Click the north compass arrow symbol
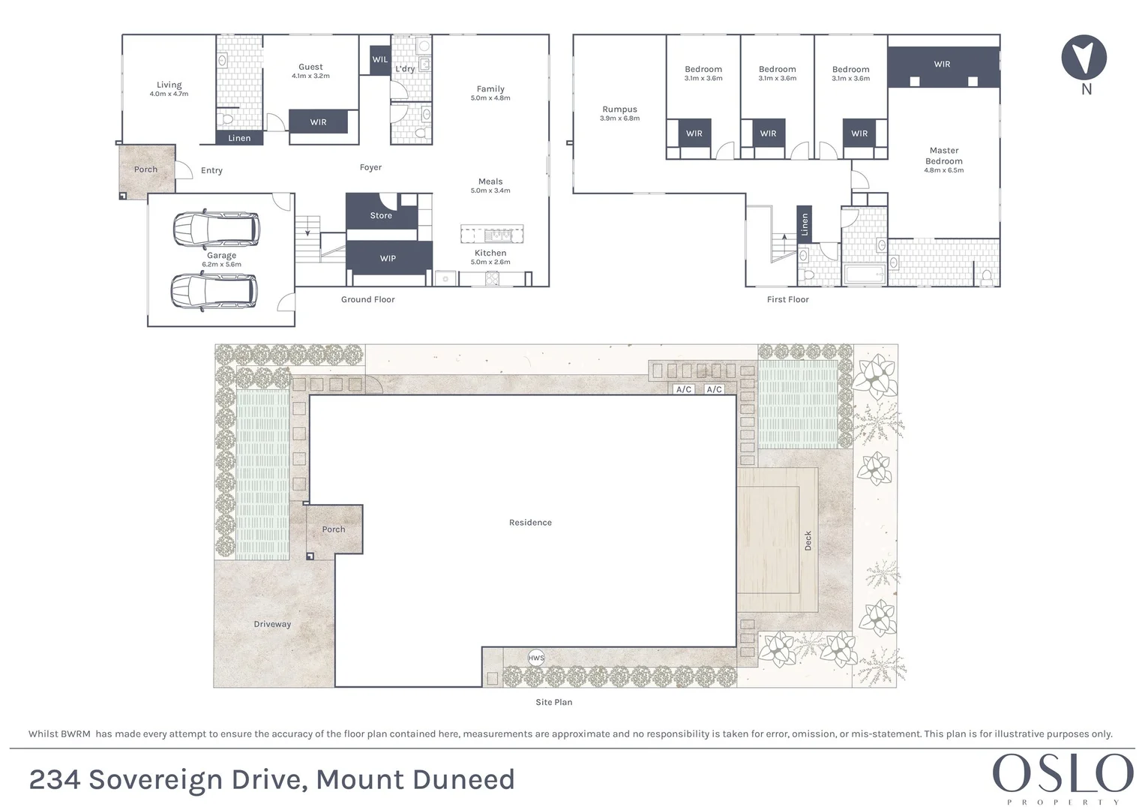[1084, 57]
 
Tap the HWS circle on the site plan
[536, 658]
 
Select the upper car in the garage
[217, 229]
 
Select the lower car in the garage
[214, 290]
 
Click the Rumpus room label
[619, 109]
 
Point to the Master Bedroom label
[943, 156]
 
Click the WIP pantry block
[388, 259]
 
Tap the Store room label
[381, 216]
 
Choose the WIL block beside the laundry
[380, 60]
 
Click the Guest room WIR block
[318, 122]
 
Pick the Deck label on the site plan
[808, 541]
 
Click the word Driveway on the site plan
[272, 624]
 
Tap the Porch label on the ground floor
[145, 169]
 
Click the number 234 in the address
[55, 780]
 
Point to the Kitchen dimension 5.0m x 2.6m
[490, 262]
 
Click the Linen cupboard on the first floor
[804, 224]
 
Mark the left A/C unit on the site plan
[684, 389]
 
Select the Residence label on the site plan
[530, 523]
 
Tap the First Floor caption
[787, 300]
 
